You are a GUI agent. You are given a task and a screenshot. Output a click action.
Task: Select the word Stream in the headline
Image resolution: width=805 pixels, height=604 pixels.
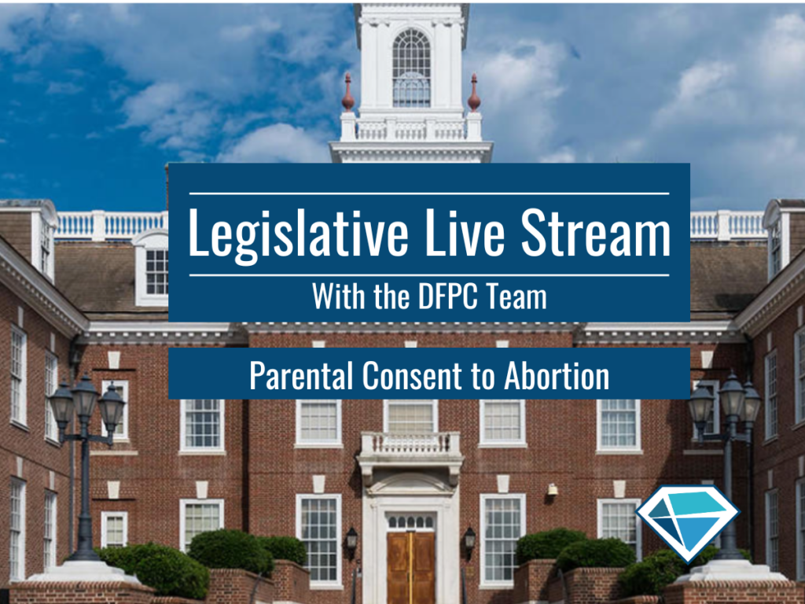(x=596, y=232)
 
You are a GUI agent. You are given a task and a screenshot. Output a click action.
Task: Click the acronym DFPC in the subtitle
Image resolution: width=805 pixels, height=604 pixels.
(x=448, y=296)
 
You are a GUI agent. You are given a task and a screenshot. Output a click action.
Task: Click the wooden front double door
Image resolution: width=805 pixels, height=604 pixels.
(x=410, y=567)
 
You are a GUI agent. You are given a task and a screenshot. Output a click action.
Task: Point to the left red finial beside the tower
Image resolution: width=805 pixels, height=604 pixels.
(x=348, y=93)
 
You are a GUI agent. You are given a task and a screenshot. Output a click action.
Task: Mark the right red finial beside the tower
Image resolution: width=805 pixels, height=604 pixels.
(x=474, y=93)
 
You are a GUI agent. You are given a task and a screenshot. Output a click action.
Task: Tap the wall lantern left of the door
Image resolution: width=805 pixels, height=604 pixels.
(x=351, y=541)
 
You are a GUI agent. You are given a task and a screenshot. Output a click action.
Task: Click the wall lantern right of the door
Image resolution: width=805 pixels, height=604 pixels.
(x=470, y=541)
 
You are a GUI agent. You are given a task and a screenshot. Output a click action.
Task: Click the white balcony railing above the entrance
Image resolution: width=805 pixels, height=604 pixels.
(x=410, y=444)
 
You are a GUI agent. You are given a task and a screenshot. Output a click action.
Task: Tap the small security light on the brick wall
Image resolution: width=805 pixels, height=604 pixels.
(x=553, y=489)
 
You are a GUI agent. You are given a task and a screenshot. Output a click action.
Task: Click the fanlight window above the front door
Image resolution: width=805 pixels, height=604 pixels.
(x=410, y=522)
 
